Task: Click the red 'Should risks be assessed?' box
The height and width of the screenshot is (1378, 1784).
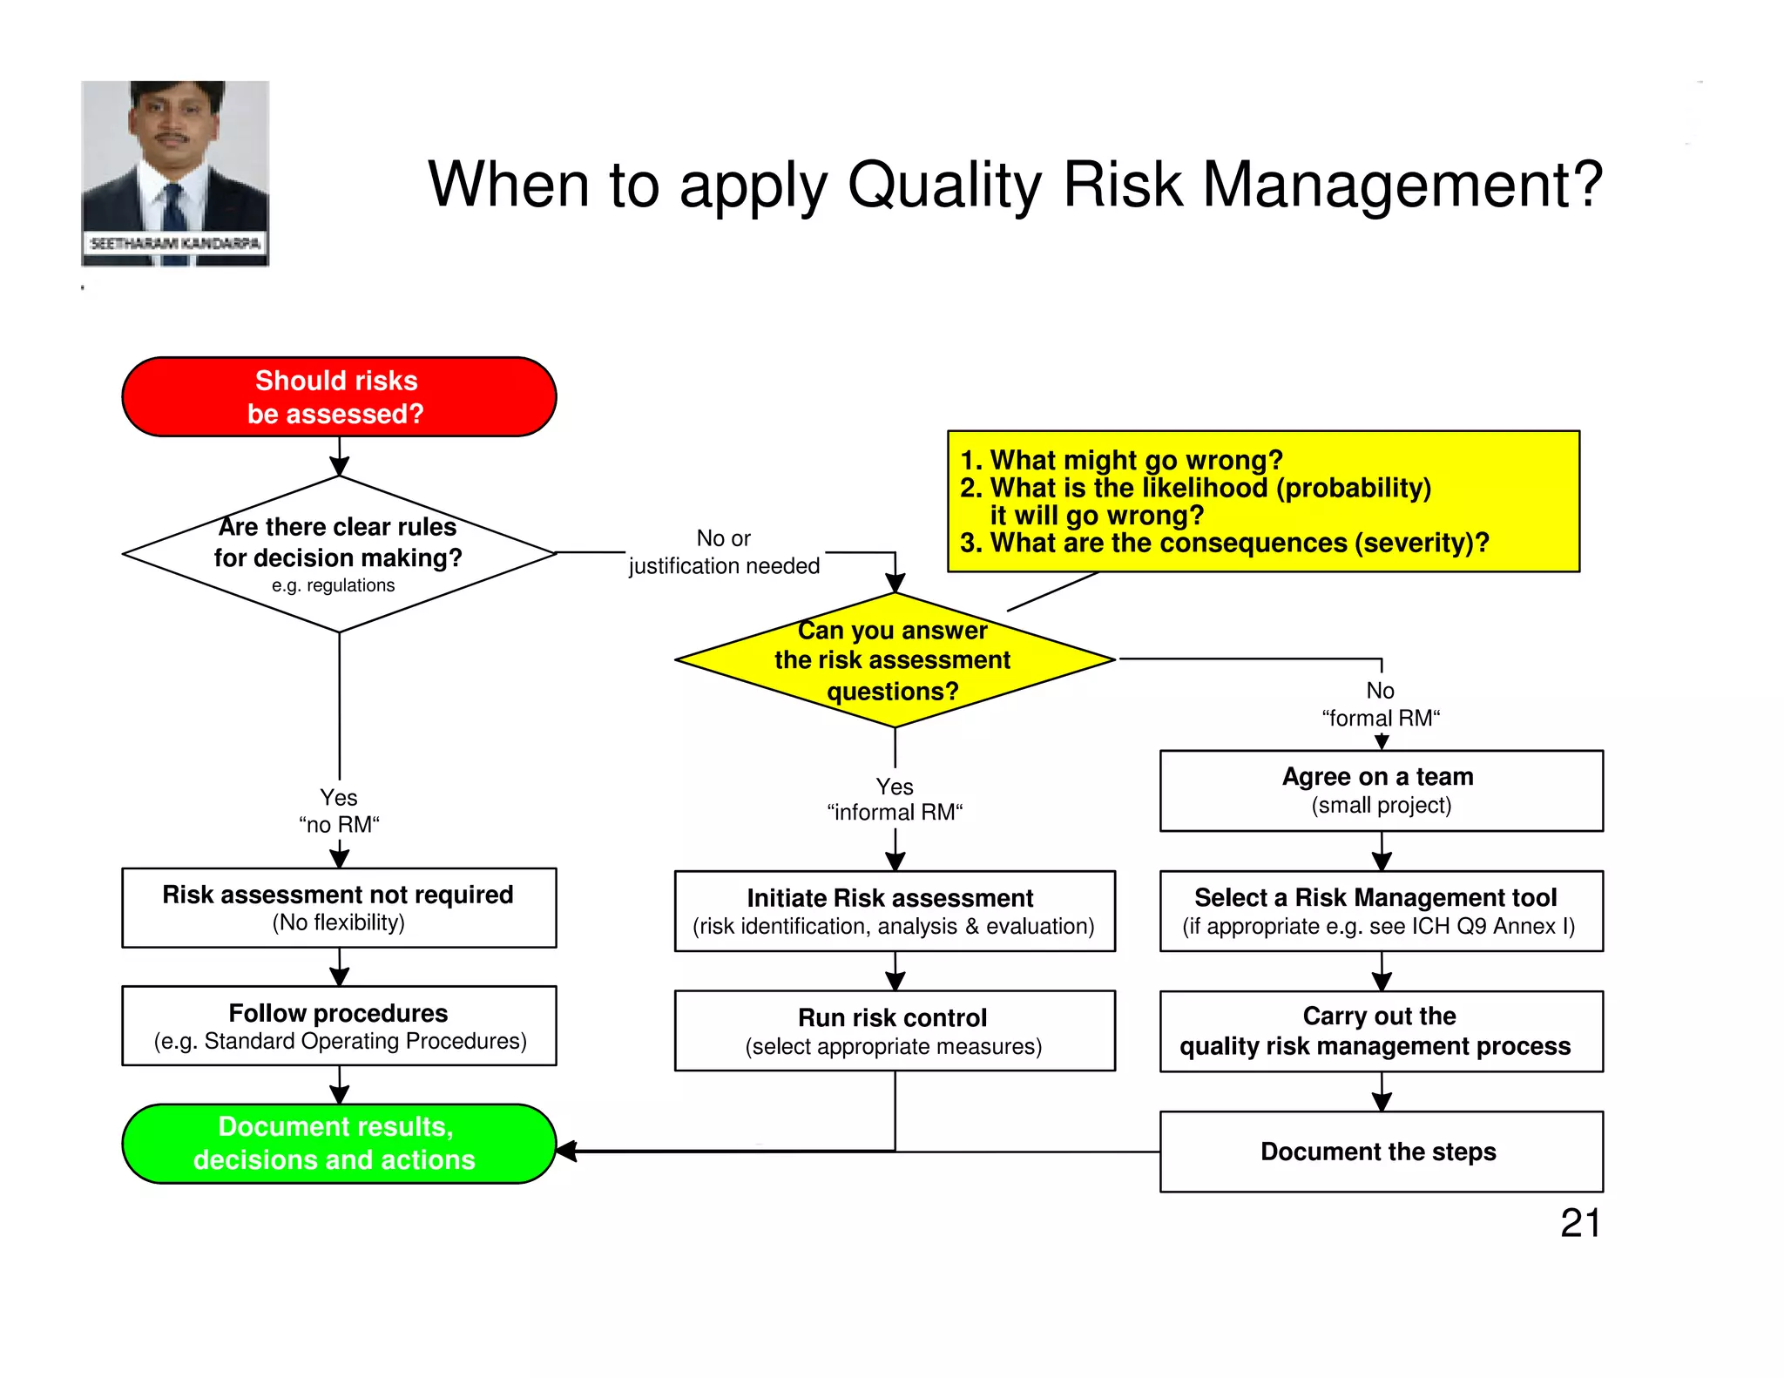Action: pyautogui.click(x=339, y=396)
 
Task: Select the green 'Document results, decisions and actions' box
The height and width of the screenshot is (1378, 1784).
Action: pyautogui.click(x=339, y=1143)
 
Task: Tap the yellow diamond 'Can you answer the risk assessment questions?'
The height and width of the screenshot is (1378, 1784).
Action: pyautogui.click(x=895, y=660)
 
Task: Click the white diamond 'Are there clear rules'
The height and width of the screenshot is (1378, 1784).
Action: pyautogui.click(x=339, y=554)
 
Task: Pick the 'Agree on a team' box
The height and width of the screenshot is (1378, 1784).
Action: pyautogui.click(x=1381, y=790)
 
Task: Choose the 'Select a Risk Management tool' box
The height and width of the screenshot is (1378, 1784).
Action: pyautogui.click(x=1381, y=910)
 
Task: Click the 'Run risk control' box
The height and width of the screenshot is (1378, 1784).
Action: pyautogui.click(x=895, y=1030)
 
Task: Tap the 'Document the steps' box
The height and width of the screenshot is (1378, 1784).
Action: pyautogui.click(x=1381, y=1151)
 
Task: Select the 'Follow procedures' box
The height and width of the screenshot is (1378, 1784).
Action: pyautogui.click(x=339, y=1025)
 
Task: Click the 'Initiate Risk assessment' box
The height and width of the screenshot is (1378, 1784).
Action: pyautogui.click(x=895, y=910)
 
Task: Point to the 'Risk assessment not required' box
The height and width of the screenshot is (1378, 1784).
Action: pyautogui.click(x=339, y=907)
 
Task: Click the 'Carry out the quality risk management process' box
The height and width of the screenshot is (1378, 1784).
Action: pyautogui.click(x=1381, y=1030)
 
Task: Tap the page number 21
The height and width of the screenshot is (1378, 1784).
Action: pyautogui.click(x=1580, y=1223)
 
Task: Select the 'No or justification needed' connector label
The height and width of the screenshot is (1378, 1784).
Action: pyautogui.click(x=724, y=552)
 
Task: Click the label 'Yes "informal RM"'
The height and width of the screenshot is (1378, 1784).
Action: pyautogui.click(x=895, y=800)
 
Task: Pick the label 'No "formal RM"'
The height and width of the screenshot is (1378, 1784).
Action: pyautogui.click(x=1381, y=704)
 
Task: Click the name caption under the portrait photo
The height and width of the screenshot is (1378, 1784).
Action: pyautogui.click(x=175, y=244)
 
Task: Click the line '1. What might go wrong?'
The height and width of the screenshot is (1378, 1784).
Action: pyautogui.click(x=1121, y=460)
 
